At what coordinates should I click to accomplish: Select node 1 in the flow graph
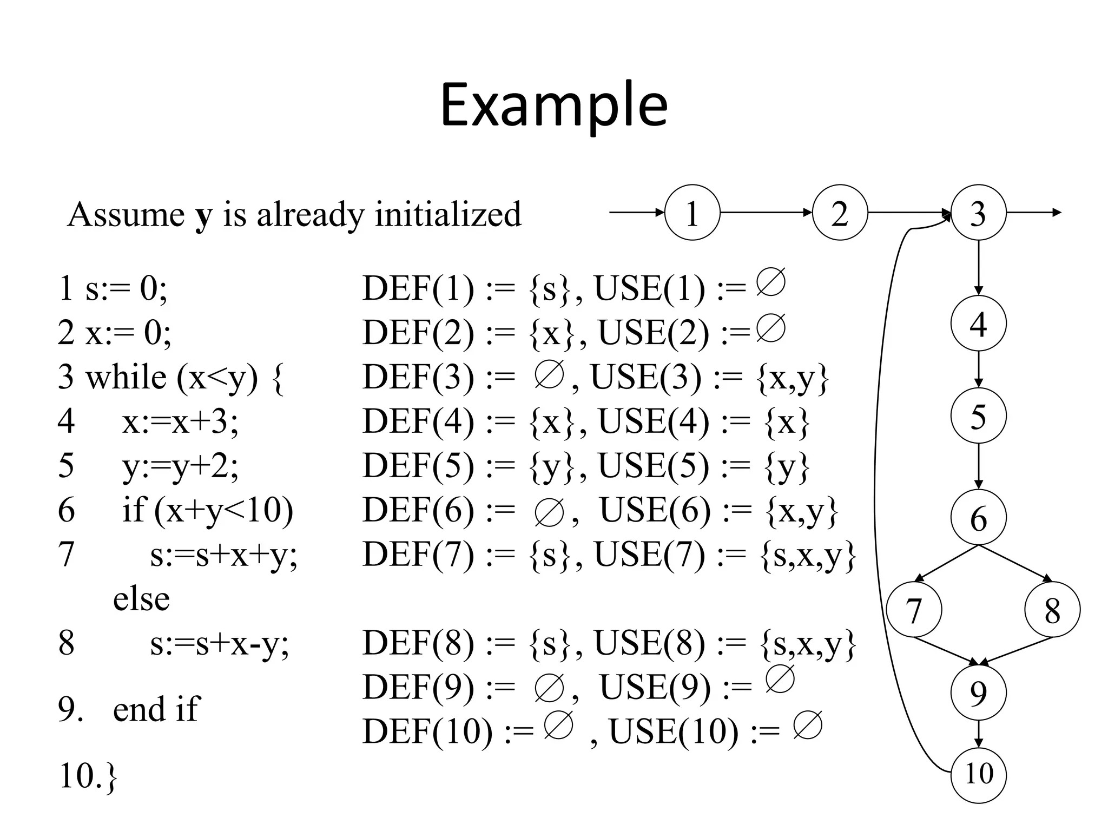692,213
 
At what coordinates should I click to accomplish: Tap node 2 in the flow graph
840,213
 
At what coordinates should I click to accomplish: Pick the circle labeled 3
978,213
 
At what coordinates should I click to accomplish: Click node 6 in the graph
978,518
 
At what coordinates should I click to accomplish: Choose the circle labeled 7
914,610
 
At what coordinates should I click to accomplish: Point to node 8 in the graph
1052,610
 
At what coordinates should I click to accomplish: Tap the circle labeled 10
978,774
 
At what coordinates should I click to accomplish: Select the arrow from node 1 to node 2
766,213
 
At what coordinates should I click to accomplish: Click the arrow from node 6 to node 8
1015,563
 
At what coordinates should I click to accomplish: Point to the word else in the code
141,599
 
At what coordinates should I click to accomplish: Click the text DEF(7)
418,555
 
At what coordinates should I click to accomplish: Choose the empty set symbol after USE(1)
770,282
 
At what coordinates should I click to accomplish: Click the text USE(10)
674,731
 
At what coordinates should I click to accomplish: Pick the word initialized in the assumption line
449,214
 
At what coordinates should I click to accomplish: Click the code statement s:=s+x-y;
220,644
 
